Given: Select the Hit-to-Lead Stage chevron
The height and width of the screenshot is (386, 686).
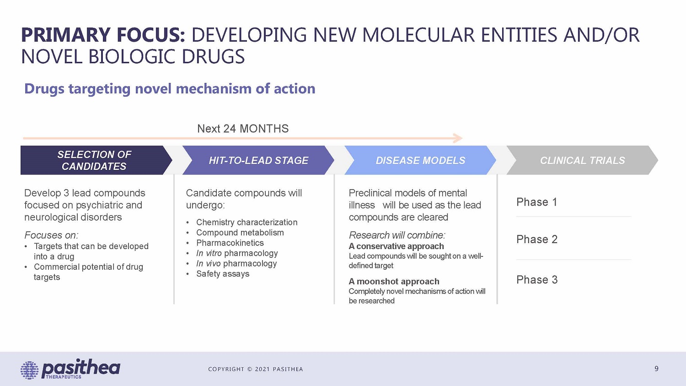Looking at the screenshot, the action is [x=258, y=160].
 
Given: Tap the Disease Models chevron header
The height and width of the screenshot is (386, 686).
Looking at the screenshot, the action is [x=420, y=160].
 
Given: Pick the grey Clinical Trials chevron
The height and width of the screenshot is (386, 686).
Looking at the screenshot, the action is [x=582, y=160].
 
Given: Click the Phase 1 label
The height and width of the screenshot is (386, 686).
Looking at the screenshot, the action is [x=536, y=202].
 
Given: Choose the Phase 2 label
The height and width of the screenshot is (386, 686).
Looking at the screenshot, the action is [x=537, y=239].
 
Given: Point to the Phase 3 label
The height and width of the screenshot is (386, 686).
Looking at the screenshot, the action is [x=537, y=280].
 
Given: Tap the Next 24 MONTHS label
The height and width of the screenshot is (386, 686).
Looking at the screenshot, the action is [x=243, y=129].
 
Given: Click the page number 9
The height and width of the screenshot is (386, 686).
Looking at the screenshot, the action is [x=656, y=369].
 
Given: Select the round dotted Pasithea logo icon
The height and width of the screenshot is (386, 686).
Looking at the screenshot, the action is [x=29, y=370].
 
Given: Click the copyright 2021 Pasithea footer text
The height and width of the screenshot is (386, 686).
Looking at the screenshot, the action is [x=255, y=369].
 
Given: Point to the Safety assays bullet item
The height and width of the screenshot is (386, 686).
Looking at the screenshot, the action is [x=223, y=274].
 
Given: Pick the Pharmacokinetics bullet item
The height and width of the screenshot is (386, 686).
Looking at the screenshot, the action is [x=230, y=243].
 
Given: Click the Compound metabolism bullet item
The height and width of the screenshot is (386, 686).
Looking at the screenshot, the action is [x=240, y=233].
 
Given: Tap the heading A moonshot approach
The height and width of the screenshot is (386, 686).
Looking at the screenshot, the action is [x=394, y=282].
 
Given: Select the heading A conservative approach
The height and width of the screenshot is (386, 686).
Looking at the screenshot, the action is [x=397, y=246].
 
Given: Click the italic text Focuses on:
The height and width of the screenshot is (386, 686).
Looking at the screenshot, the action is [x=51, y=235].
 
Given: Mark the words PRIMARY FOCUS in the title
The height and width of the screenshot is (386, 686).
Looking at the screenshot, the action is [x=103, y=35].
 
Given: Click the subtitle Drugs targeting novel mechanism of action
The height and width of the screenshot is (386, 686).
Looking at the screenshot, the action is [x=170, y=89].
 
